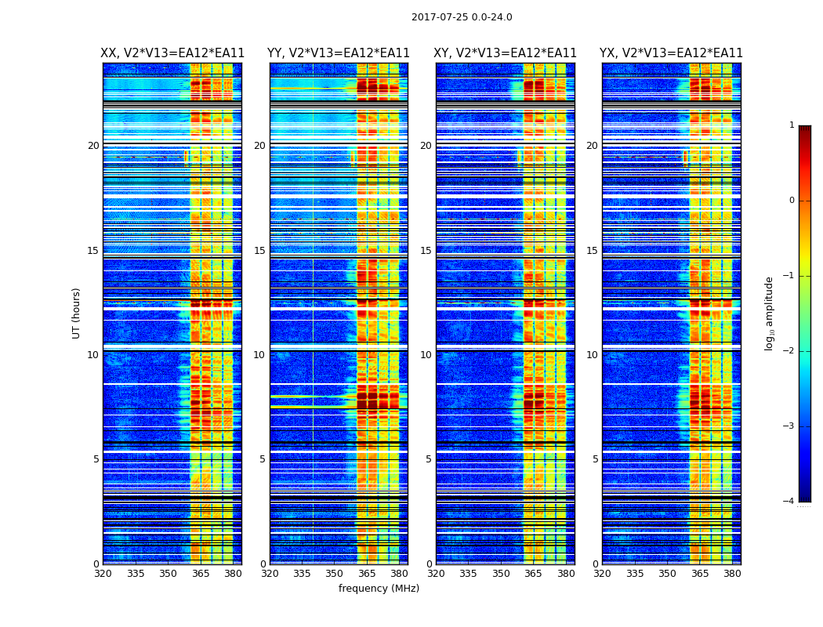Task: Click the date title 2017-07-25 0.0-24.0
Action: coord(462,17)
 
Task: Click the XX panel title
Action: coord(172,53)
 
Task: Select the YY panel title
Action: coord(339,53)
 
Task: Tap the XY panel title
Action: coord(506,53)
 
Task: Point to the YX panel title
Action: coord(671,53)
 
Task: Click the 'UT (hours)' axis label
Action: coord(77,313)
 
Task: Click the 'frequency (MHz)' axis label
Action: coord(379,589)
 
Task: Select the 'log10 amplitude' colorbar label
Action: coord(770,313)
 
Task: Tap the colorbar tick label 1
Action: coord(792,125)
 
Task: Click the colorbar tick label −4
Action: coord(789,502)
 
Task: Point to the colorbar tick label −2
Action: coord(789,351)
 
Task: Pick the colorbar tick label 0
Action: coord(792,201)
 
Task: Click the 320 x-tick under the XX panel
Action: coord(103,574)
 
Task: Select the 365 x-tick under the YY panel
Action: coord(367,574)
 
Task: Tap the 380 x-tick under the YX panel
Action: coord(732,574)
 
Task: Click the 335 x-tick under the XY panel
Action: coord(468,574)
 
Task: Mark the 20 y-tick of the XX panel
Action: coord(93,146)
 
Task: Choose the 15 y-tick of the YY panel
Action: coord(259,251)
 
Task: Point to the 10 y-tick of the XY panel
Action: coord(426,355)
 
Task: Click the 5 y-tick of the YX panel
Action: coord(596,459)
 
